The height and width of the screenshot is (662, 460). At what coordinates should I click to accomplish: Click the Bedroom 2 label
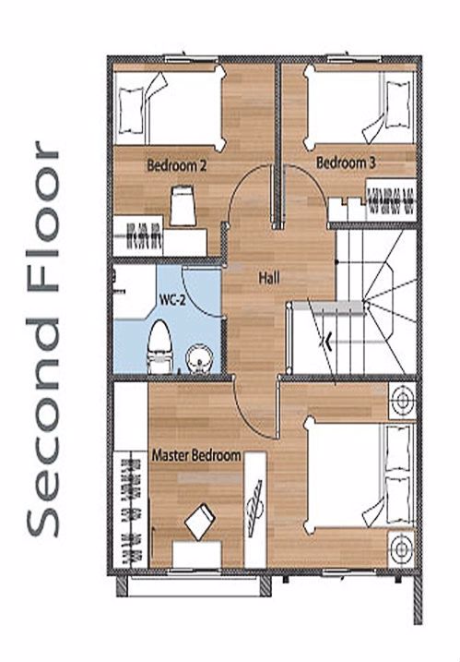coord(177,165)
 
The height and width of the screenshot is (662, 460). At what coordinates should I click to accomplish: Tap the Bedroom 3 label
coord(346,162)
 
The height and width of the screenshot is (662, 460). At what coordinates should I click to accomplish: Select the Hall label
coord(269,278)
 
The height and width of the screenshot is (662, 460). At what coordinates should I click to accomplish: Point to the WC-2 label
coord(172,300)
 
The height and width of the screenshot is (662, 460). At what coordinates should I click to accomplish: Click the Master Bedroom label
coord(196,455)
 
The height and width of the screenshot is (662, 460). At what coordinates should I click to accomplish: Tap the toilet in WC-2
coord(159,346)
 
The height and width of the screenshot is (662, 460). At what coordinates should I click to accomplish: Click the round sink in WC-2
coord(199,360)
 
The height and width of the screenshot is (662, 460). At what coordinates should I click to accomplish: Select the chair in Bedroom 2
coord(183,207)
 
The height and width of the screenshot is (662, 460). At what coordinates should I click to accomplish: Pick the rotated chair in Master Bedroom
coord(200,522)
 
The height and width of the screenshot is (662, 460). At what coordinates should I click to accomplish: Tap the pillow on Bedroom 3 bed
coord(398,105)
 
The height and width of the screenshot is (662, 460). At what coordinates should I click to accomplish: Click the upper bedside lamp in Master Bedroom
coord(402,400)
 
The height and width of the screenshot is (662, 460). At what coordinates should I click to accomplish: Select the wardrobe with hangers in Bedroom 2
coord(138,236)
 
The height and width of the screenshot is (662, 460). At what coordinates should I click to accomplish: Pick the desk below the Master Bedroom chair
coord(197,554)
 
